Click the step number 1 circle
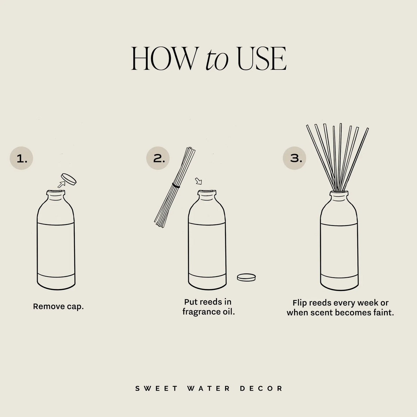point(21,159)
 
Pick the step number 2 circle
point(158,159)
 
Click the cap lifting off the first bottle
point(68,179)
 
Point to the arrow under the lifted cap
point(62,185)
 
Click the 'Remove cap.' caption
point(58,306)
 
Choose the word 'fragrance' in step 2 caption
point(199,311)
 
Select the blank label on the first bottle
point(56,248)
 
